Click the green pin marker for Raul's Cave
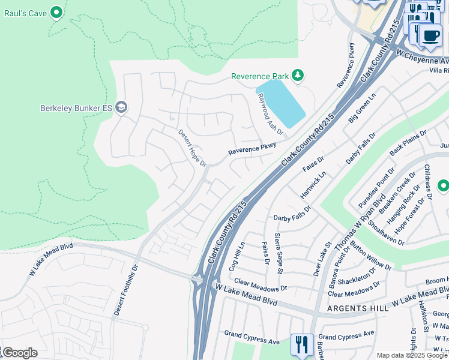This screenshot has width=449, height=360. pos(56,12)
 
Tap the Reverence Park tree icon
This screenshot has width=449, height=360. pos(297,76)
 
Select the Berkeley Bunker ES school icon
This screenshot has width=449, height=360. pos(121,108)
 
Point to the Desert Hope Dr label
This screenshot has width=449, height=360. pos(192,148)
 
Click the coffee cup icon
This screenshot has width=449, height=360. pos(430,35)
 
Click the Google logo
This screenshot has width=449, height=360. pos(19,353)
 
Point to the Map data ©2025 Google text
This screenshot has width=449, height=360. pos(412,355)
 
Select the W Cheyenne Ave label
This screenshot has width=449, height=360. pos(423,58)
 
